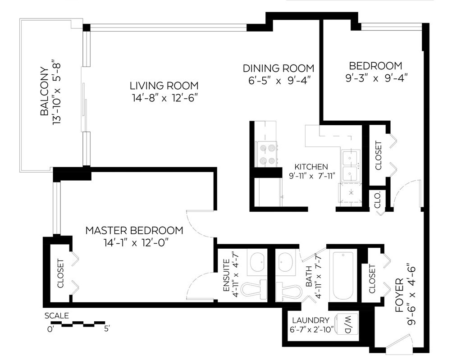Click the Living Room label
click(164, 86)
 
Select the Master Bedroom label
click(134, 230)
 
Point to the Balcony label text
click(45, 91)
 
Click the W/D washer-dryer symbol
click(347, 324)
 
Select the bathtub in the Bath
click(343, 276)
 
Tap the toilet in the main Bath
click(288, 291)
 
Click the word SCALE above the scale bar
click(57, 315)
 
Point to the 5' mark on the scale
click(107, 328)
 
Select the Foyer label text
click(400, 295)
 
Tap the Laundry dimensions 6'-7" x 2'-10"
click(311, 329)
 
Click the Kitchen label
click(311, 167)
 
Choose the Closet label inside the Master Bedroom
click(60, 273)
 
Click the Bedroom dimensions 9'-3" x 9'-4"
click(376, 78)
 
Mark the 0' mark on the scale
click(50, 329)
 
